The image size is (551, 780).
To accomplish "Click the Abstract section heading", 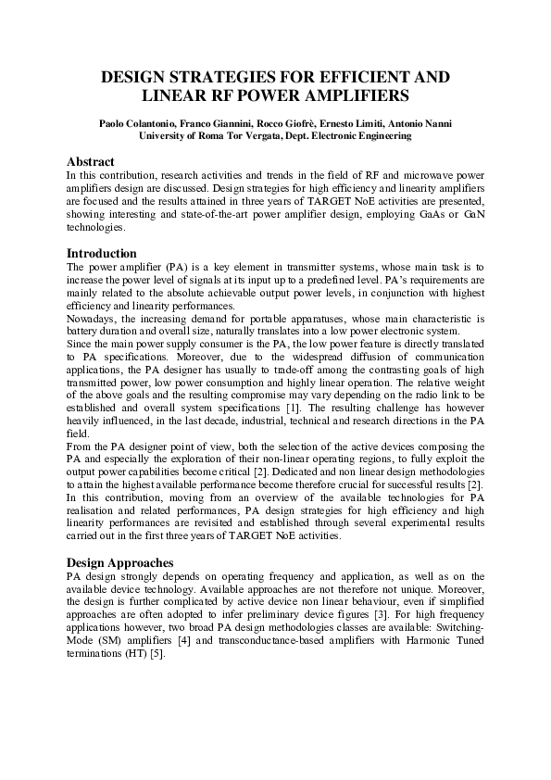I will pyautogui.click(x=90, y=161).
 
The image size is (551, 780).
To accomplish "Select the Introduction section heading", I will pyautogui.click(x=102, y=253).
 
